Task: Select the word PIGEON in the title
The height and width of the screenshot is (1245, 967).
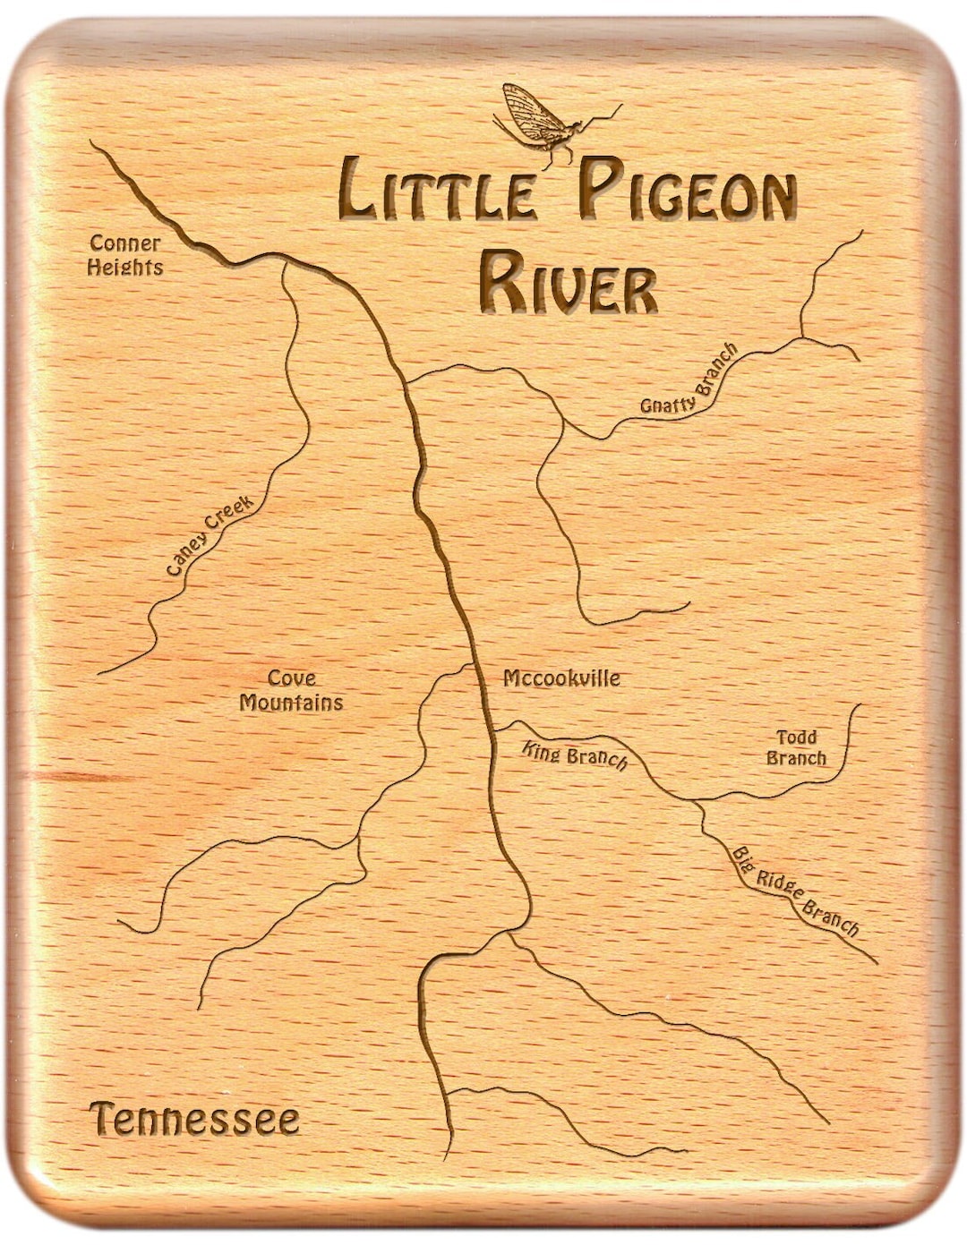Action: [x=686, y=191]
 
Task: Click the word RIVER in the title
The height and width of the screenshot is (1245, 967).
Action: [x=568, y=283]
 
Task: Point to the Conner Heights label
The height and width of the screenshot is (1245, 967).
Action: [x=125, y=255]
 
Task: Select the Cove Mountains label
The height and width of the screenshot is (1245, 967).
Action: [x=292, y=691]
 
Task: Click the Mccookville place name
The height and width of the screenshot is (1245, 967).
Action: [x=561, y=678]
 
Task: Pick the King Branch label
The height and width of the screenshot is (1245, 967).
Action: [x=575, y=756]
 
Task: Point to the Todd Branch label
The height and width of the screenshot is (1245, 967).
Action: [x=796, y=747]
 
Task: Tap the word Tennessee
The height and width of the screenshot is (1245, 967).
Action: [x=194, y=1120]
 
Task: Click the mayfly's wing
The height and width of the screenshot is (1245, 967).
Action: [x=528, y=112]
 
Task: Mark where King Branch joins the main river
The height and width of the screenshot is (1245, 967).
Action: [x=492, y=732]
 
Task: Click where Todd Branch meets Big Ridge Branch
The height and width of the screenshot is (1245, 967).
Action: [x=697, y=801]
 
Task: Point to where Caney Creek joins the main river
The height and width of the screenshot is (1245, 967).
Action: [x=285, y=260]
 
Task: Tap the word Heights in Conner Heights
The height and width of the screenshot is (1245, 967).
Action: [x=125, y=267]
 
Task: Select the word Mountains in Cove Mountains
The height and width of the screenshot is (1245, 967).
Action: [x=292, y=703]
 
